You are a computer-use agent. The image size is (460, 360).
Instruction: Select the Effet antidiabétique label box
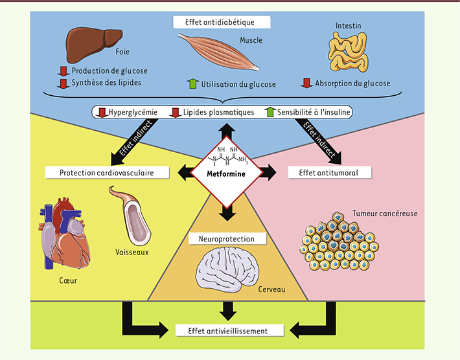point(222,21)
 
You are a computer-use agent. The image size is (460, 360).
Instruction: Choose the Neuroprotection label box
point(222,239)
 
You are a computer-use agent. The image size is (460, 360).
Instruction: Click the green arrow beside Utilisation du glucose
point(192,84)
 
